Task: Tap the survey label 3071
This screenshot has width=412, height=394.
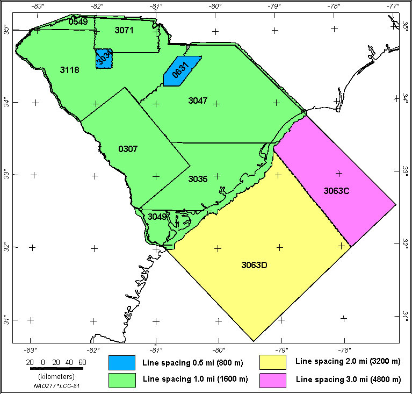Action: (x=124, y=31)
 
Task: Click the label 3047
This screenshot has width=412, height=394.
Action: (x=198, y=101)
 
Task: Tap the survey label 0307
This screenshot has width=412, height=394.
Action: (x=128, y=148)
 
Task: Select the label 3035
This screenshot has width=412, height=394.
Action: (x=198, y=179)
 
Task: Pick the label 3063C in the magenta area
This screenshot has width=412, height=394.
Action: (x=337, y=191)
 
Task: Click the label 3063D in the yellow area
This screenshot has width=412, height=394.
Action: (x=255, y=265)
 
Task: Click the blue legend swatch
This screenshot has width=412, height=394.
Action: (x=121, y=363)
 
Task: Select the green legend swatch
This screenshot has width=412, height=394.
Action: (x=121, y=379)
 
